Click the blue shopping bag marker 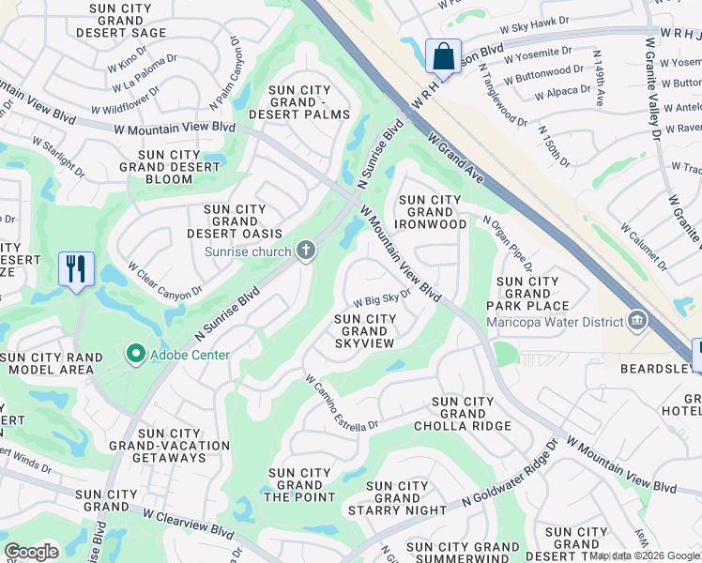coord(443,55)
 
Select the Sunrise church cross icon coord(304,250)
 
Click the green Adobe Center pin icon coord(135,354)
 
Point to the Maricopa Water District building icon coord(637,322)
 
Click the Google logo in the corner coord(32,552)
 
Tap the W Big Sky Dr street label coord(382,298)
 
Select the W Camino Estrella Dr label coord(341,404)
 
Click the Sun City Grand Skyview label coord(365,331)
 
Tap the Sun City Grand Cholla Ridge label coord(463,414)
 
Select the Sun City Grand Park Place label coord(527,294)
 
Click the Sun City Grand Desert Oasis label coord(235,221)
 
